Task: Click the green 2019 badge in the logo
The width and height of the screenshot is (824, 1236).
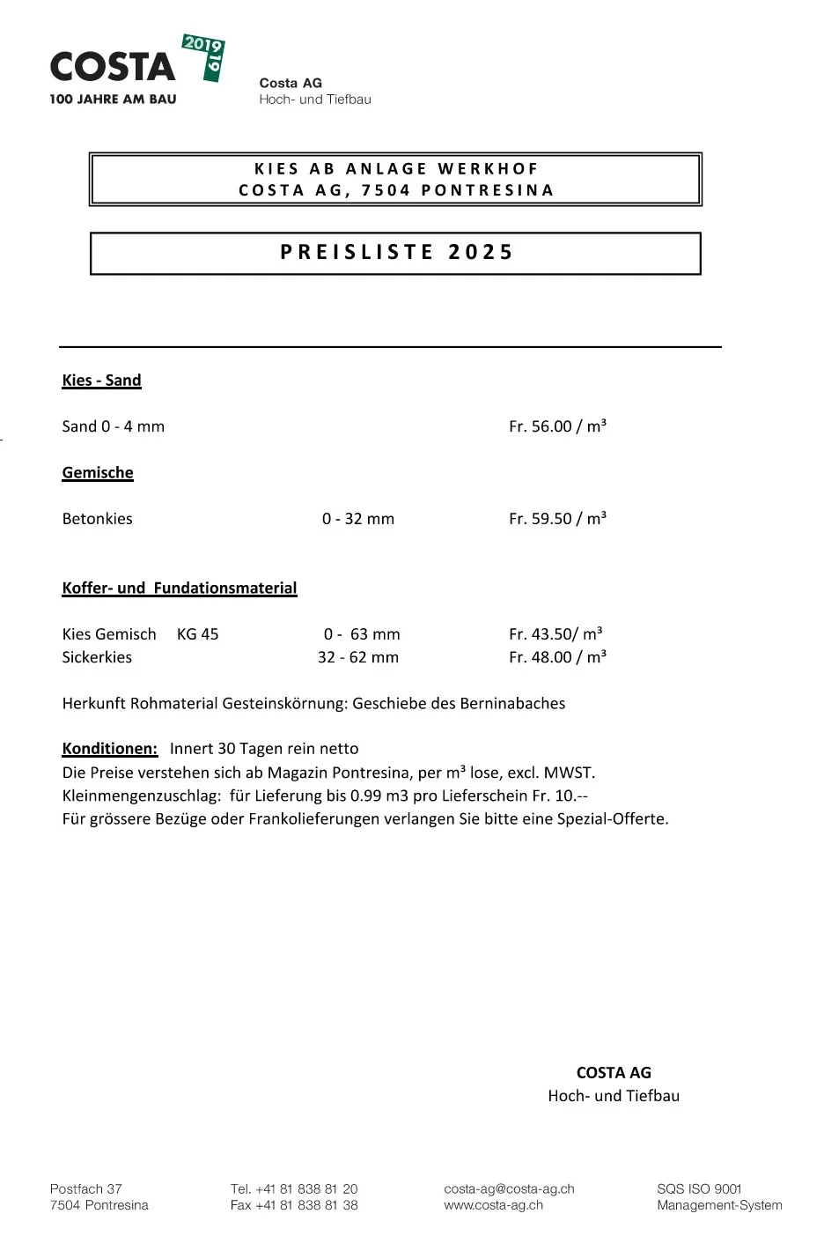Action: point(204,56)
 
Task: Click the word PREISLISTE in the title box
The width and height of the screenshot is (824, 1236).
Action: point(357,253)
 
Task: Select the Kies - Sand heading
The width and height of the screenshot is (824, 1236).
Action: point(101,381)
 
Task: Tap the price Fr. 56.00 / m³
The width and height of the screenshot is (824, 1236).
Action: point(557,426)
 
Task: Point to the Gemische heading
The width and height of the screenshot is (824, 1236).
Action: point(98,473)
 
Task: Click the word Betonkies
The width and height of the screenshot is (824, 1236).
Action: point(97,519)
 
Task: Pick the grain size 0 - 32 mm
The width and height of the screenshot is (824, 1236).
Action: point(357,519)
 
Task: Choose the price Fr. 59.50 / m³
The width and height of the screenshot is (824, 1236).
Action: point(557,519)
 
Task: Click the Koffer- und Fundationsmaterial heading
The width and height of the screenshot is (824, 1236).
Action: point(180,588)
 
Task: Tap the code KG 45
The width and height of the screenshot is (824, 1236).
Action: point(197,634)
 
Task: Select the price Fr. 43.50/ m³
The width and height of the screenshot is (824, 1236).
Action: point(555,634)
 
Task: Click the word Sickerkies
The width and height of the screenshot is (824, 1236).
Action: point(97,657)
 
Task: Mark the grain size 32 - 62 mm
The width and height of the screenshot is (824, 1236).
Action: point(357,657)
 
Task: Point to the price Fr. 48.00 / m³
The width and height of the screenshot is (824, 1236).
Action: point(557,657)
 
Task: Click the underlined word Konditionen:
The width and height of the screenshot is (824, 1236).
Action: point(110,749)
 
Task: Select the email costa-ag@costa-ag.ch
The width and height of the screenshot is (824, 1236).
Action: point(509,1189)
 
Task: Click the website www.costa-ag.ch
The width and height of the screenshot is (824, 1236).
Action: point(493,1205)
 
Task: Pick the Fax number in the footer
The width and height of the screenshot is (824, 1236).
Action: point(294,1205)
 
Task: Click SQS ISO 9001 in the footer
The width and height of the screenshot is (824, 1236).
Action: point(699,1189)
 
